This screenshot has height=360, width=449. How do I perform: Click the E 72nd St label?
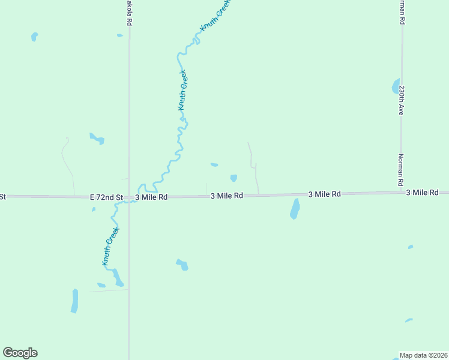[106, 197]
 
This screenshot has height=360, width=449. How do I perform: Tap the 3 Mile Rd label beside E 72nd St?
[151, 197]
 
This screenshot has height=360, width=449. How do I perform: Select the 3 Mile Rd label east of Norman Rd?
[427, 193]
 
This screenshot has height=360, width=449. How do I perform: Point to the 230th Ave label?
[402, 100]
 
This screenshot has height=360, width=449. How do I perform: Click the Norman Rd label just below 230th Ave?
[400, 169]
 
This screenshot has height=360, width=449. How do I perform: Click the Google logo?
[20, 353]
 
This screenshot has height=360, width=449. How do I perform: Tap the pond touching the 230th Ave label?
[395, 85]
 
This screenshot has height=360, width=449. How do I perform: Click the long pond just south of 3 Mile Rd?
[295, 209]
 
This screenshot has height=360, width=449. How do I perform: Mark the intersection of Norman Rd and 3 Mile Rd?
[402, 193]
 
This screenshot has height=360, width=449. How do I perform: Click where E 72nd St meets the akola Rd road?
[128, 197]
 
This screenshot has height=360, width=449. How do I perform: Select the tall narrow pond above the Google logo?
[74, 301]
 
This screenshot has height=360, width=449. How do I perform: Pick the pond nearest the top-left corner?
[34, 37]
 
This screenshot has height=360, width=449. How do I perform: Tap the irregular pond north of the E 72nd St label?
[97, 139]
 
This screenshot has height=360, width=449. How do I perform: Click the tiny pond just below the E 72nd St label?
[94, 209]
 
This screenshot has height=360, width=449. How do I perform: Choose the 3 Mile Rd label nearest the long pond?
[324, 194]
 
